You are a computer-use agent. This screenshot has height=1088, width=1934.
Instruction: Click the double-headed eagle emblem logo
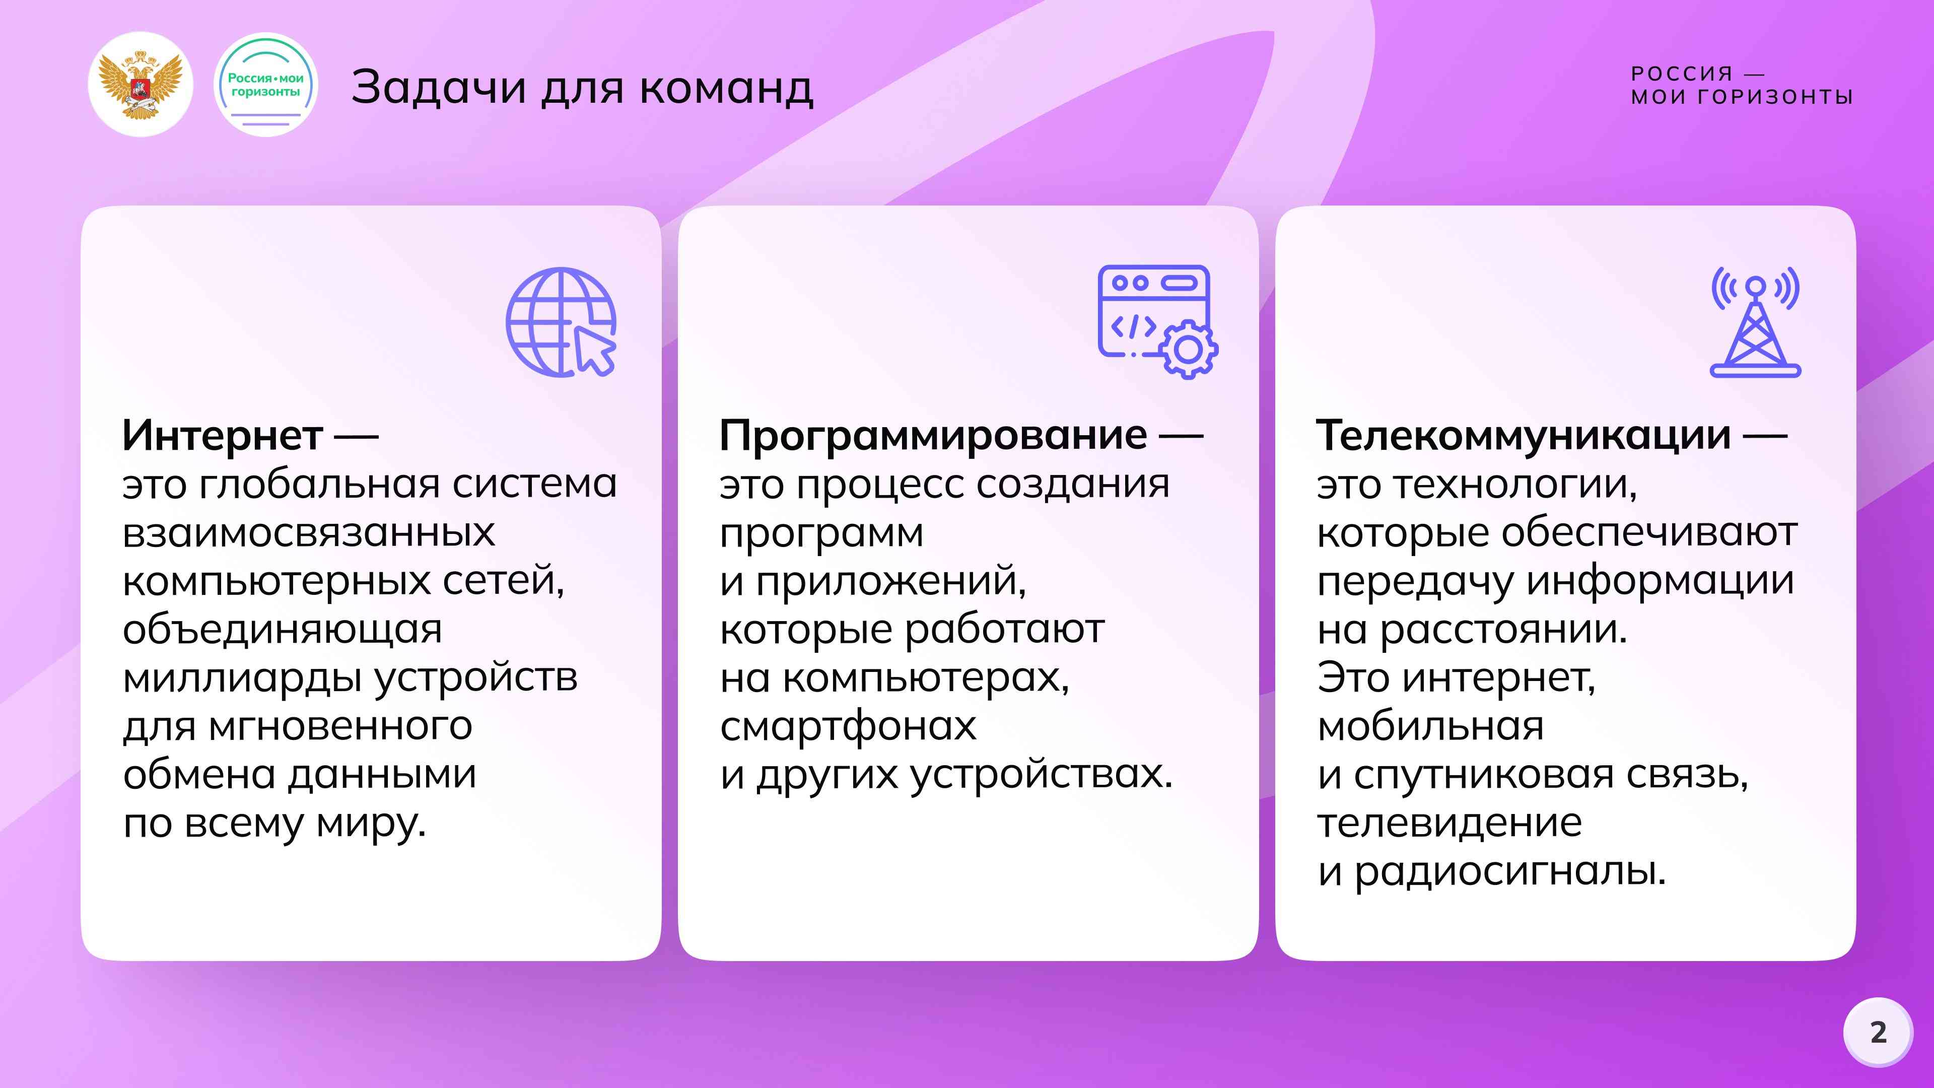point(141,84)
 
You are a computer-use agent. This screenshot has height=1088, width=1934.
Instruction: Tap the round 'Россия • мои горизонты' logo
point(266,84)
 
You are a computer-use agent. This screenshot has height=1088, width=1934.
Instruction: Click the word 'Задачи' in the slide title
point(439,87)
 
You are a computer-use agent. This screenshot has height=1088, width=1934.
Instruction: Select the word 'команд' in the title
point(726,87)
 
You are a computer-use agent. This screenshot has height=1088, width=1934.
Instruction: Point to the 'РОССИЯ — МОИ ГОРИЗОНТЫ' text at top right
point(1742,85)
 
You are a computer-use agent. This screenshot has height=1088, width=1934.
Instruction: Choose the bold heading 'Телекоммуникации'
point(1524,436)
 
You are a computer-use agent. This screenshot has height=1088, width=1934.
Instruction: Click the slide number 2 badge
point(1878,1033)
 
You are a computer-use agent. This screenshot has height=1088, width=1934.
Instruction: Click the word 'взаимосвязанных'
point(309,533)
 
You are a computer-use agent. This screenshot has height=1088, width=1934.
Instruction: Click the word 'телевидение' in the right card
point(1450,824)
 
